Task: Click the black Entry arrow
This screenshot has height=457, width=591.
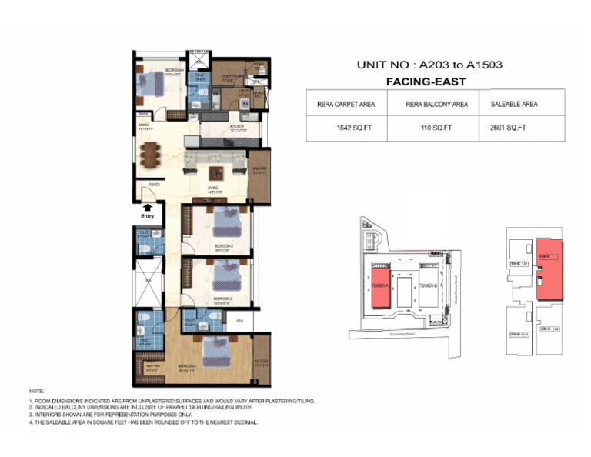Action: [x=147, y=206]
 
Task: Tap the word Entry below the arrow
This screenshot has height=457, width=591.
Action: [x=147, y=216]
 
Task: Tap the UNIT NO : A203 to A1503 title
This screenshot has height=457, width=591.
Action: [x=429, y=65]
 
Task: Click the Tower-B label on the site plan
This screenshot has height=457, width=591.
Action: [x=428, y=286]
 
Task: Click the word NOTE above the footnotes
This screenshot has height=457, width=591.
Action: [x=36, y=391]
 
